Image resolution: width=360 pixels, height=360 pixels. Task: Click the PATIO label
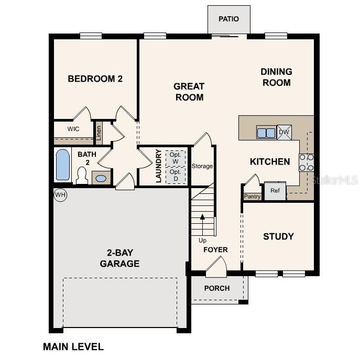(x=228, y=19)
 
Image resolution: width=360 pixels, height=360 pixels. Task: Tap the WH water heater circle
(x=60, y=195)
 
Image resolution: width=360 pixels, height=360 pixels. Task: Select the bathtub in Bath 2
(x=62, y=165)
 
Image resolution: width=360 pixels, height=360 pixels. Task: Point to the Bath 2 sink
(x=101, y=178)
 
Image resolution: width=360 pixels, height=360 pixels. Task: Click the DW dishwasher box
(x=284, y=132)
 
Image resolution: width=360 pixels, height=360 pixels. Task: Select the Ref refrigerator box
(x=275, y=191)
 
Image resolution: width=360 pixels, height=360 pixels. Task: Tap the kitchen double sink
(x=266, y=133)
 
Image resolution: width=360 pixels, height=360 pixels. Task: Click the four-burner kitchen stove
(x=306, y=162)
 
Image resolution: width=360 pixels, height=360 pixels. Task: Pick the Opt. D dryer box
(x=176, y=175)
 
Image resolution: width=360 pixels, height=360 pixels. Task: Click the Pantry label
(x=252, y=197)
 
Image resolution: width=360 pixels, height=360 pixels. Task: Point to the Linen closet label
(x=98, y=133)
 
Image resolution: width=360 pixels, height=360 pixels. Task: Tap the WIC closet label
(x=73, y=128)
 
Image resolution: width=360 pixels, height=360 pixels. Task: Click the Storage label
(x=202, y=166)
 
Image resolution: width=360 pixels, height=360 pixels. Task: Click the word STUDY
(x=278, y=236)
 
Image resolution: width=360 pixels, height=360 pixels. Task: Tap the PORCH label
(x=217, y=288)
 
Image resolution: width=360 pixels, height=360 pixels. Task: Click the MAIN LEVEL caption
(x=73, y=346)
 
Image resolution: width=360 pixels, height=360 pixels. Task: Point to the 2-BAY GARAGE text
(x=120, y=258)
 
